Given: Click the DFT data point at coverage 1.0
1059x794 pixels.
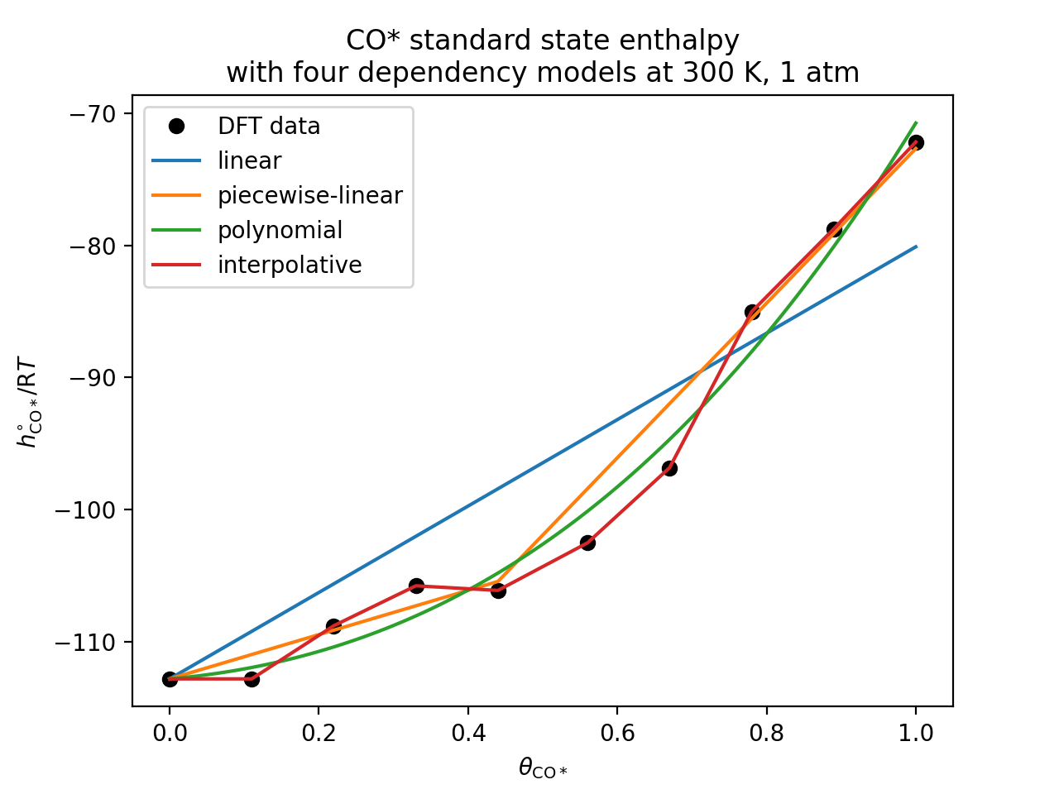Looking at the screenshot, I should pos(916,142).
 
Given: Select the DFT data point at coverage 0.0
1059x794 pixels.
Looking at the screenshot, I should pos(170,679).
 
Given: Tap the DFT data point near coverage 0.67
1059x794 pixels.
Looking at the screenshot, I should pos(669,468).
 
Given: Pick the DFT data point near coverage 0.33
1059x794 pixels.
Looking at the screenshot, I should pos(416,586).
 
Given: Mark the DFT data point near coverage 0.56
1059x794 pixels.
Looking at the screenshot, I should pos(587,543).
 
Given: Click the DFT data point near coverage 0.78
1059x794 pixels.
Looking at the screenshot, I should pos(752,312).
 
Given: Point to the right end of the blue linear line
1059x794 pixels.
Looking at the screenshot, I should pos(916,246).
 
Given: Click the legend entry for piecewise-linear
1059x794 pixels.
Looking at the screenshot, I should pos(309,196).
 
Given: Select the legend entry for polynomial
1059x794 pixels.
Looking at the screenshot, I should pos(280,231).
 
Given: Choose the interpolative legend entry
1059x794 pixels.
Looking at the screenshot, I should pos(290,265).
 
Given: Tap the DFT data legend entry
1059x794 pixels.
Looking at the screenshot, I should pos(269,127).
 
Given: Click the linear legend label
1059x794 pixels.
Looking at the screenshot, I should pos(249,161).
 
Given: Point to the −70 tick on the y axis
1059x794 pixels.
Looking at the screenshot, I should pos(97,113).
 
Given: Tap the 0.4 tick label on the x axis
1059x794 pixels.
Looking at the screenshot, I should pos(468,733).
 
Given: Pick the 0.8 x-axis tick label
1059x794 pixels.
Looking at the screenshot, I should pos(766,733).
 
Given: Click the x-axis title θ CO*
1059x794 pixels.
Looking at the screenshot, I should pos(543,769).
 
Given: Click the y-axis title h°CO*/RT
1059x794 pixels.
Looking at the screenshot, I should pos(28,402).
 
